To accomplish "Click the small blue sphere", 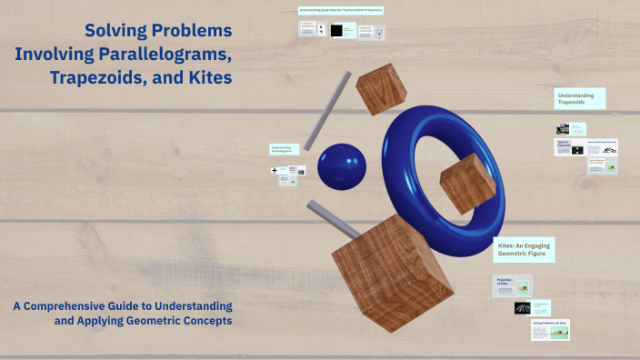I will point(340,167).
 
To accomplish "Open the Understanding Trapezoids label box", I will point(580,99).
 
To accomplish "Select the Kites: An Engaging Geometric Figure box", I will point(524,250).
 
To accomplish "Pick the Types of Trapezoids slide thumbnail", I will point(567,147).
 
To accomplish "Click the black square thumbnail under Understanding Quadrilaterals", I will point(337,31).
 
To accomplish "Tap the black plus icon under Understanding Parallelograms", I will point(274,170).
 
